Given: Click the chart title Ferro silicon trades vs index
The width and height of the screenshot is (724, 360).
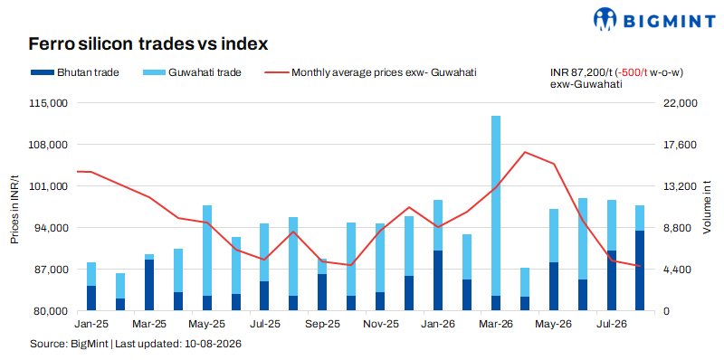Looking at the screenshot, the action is pyautogui.click(x=148, y=43).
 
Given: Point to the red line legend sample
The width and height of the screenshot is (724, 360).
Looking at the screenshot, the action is pyautogui.click(x=276, y=72).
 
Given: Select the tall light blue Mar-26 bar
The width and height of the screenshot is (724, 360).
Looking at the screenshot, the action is pyautogui.click(x=495, y=206).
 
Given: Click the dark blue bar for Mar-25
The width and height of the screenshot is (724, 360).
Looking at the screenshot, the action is pyautogui.click(x=149, y=285).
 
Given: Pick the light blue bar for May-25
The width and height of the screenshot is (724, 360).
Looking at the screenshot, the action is pyautogui.click(x=207, y=251).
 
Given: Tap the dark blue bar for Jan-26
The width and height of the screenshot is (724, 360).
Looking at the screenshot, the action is pyautogui.click(x=438, y=280).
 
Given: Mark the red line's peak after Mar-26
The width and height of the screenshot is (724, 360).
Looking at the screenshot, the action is pyautogui.click(x=525, y=152).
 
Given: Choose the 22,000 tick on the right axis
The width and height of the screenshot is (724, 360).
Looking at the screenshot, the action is pyautogui.click(x=675, y=103).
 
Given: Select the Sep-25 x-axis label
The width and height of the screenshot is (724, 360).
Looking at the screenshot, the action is pyautogui.click(x=322, y=324).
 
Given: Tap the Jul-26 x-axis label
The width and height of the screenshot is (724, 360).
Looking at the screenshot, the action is pyautogui.click(x=612, y=324).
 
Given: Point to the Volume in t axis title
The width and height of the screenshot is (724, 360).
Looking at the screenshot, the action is pyautogui.click(x=707, y=207).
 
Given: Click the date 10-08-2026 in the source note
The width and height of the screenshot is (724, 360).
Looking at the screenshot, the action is pyautogui.click(x=214, y=345).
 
